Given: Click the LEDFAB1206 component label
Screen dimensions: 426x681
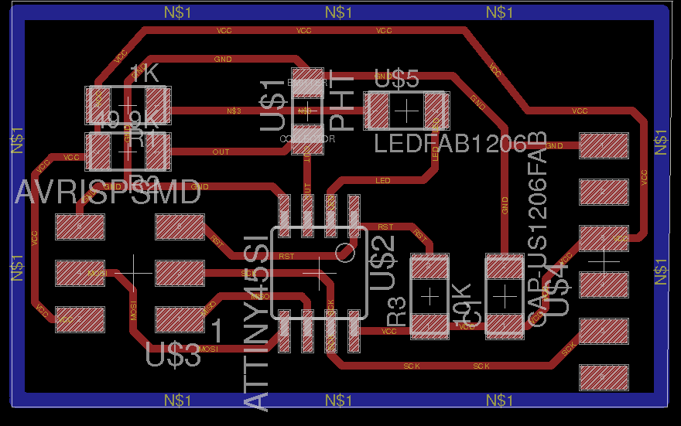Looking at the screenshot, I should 450,143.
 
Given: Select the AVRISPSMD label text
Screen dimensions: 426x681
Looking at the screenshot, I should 108,192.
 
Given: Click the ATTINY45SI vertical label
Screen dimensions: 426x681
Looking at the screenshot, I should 258,322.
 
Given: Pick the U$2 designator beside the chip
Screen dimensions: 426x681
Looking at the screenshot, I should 384,263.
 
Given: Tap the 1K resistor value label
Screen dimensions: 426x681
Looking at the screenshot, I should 144,73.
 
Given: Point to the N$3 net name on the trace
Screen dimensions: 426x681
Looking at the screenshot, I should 234,111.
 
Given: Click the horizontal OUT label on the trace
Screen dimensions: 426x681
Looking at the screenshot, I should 221,152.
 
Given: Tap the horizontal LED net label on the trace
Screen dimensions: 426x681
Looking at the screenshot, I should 382,181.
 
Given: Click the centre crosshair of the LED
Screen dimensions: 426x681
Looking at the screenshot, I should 406,111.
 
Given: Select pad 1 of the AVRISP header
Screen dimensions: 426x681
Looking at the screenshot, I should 180,319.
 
